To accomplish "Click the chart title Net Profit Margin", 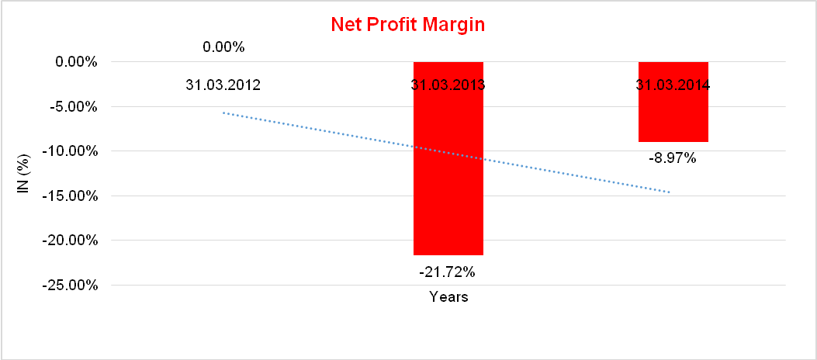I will click(x=408, y=24).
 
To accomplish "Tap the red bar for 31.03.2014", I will click(x=673, y=116).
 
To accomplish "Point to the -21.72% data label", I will click(x=448, y=272).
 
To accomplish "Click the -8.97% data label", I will click(x=673, y=159).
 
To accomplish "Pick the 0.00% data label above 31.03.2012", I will click(x=223, y=47).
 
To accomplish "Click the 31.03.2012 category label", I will click(x=223, y=85).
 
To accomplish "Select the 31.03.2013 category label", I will click(x=448, y=85).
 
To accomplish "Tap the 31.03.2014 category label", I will click(x=673, y=85).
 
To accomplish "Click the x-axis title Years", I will click(x=448, y=297).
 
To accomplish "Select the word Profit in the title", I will click(x=393, y=24).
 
